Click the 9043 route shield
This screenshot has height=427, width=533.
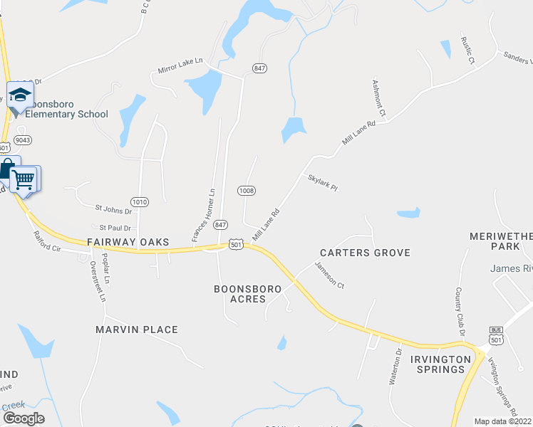coord(21,140)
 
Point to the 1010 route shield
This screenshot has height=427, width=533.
coord(140,202)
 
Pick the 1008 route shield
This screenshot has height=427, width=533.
coord(247,191)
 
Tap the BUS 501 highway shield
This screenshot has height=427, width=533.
coord(497,334)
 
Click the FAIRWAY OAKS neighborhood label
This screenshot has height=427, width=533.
coord(128,243)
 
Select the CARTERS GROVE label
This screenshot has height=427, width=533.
coord(365,253)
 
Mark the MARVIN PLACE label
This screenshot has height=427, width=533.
coord(136,330)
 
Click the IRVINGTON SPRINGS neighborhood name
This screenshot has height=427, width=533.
coord(440,364)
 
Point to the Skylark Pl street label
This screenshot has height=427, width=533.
coord(322,183)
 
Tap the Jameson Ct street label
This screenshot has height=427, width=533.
coord(330,276)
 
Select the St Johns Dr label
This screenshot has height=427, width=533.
coord(113,211)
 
